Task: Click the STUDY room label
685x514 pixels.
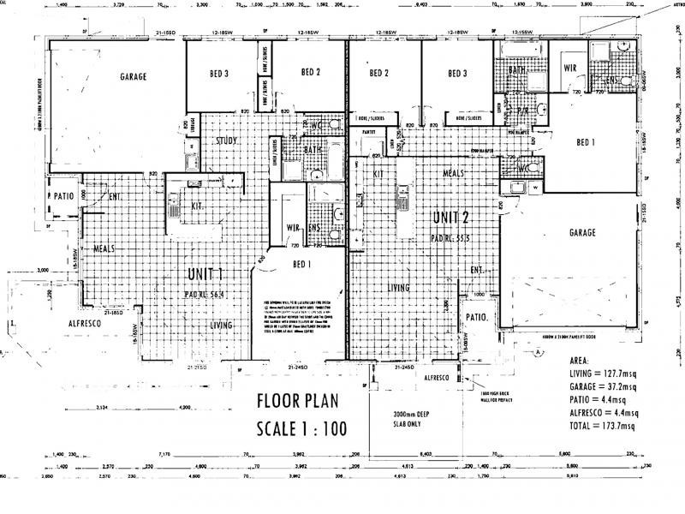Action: pos(227,140)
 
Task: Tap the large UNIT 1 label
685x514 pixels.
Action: pos(205,275)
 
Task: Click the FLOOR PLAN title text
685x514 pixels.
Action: pos(299,400)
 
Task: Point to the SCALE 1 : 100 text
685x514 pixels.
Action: pos(299,428)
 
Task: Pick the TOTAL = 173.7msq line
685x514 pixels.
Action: pos(603,426)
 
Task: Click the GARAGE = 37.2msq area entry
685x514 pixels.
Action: pos(604,386)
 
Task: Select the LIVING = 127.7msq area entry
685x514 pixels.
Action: pos(603,374)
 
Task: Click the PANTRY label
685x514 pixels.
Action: pos(370,133)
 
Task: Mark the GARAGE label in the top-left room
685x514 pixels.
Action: pos(133,76)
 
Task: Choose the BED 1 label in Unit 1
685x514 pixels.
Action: pos(301,264)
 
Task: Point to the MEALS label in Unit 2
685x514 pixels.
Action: pos(453,172)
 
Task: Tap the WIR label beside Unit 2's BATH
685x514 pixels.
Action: pos(571,67)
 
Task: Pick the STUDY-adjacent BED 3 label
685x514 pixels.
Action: pos(218,75)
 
